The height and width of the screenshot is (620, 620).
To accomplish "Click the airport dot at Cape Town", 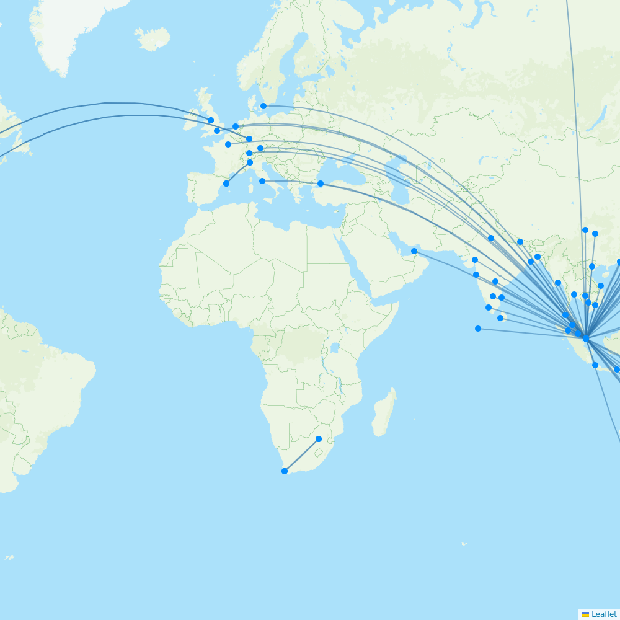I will [x=285, y=471].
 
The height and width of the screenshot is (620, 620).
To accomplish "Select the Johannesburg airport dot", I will [x=319, y=439].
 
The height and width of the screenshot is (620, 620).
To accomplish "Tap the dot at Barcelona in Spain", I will [x=226, y=184].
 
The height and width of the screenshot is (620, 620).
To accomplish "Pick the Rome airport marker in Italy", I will [x=262, y=181].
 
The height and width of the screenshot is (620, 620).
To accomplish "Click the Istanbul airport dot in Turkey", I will [x=321, y=184].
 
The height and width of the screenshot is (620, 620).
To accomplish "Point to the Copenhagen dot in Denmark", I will [x=263, y=106].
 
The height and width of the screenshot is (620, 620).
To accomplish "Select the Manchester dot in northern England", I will [x=211, y=120].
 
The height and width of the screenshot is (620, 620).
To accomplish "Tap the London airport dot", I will [x=217, y=131].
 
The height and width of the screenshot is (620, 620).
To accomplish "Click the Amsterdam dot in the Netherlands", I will [x=236, y=126].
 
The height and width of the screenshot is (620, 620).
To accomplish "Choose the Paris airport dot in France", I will [x=228, y=144].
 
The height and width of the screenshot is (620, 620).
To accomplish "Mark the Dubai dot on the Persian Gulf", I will [x=414, y=251].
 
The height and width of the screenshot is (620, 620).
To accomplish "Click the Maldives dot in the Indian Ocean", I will [x=478, y=329].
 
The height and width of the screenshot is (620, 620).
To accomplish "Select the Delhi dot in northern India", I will [x=491, y=238].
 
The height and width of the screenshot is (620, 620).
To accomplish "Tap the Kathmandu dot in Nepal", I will [x=520, y=242].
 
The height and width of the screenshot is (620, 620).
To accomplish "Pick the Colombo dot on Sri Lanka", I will [x=500, y=318].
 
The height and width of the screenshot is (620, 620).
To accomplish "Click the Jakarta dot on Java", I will [x=595, y=365].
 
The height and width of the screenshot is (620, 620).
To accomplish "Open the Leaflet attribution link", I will [x=603, y=614].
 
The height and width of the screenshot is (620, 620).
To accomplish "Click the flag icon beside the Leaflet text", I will [x=585, y=614].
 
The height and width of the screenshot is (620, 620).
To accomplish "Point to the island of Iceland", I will [x=152, y=38].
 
